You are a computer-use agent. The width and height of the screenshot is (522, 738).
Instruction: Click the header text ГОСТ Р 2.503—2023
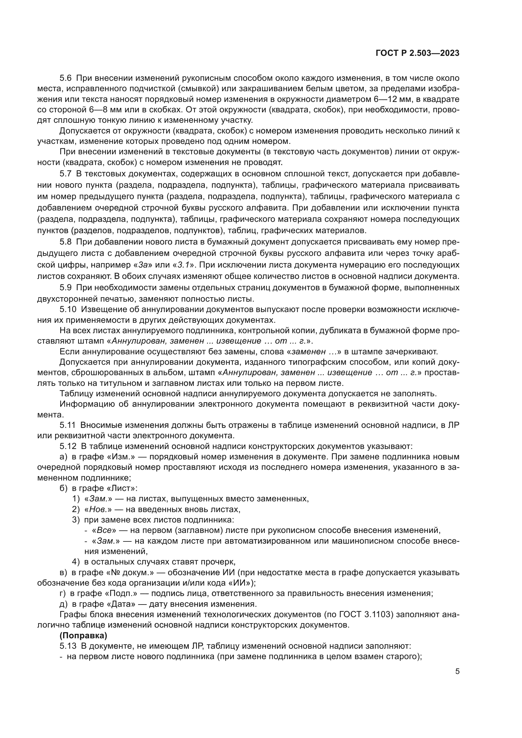pyautogui.click(x=417, y=53)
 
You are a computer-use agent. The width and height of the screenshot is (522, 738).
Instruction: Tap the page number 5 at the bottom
pyautogui.click(x=457, y=671)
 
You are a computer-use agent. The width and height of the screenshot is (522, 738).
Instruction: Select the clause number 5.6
pyautogui.click(x=66, y=78)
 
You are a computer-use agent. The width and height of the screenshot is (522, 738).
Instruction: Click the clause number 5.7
pyautogui.click(x=66, y=174)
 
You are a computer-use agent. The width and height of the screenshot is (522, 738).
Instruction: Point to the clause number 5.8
pyautogui.click(x=66, y=242)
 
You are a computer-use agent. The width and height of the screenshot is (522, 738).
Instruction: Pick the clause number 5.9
pyautogui.click(x=66, y=287)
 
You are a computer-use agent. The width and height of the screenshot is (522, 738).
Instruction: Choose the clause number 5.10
pyautogui.click(x=68, y=309)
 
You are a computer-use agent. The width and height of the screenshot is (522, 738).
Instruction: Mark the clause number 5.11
pyautogui.click(x=68, y=425)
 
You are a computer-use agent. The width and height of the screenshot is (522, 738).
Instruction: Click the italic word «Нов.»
pyautogui.click(x=98, y=510)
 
